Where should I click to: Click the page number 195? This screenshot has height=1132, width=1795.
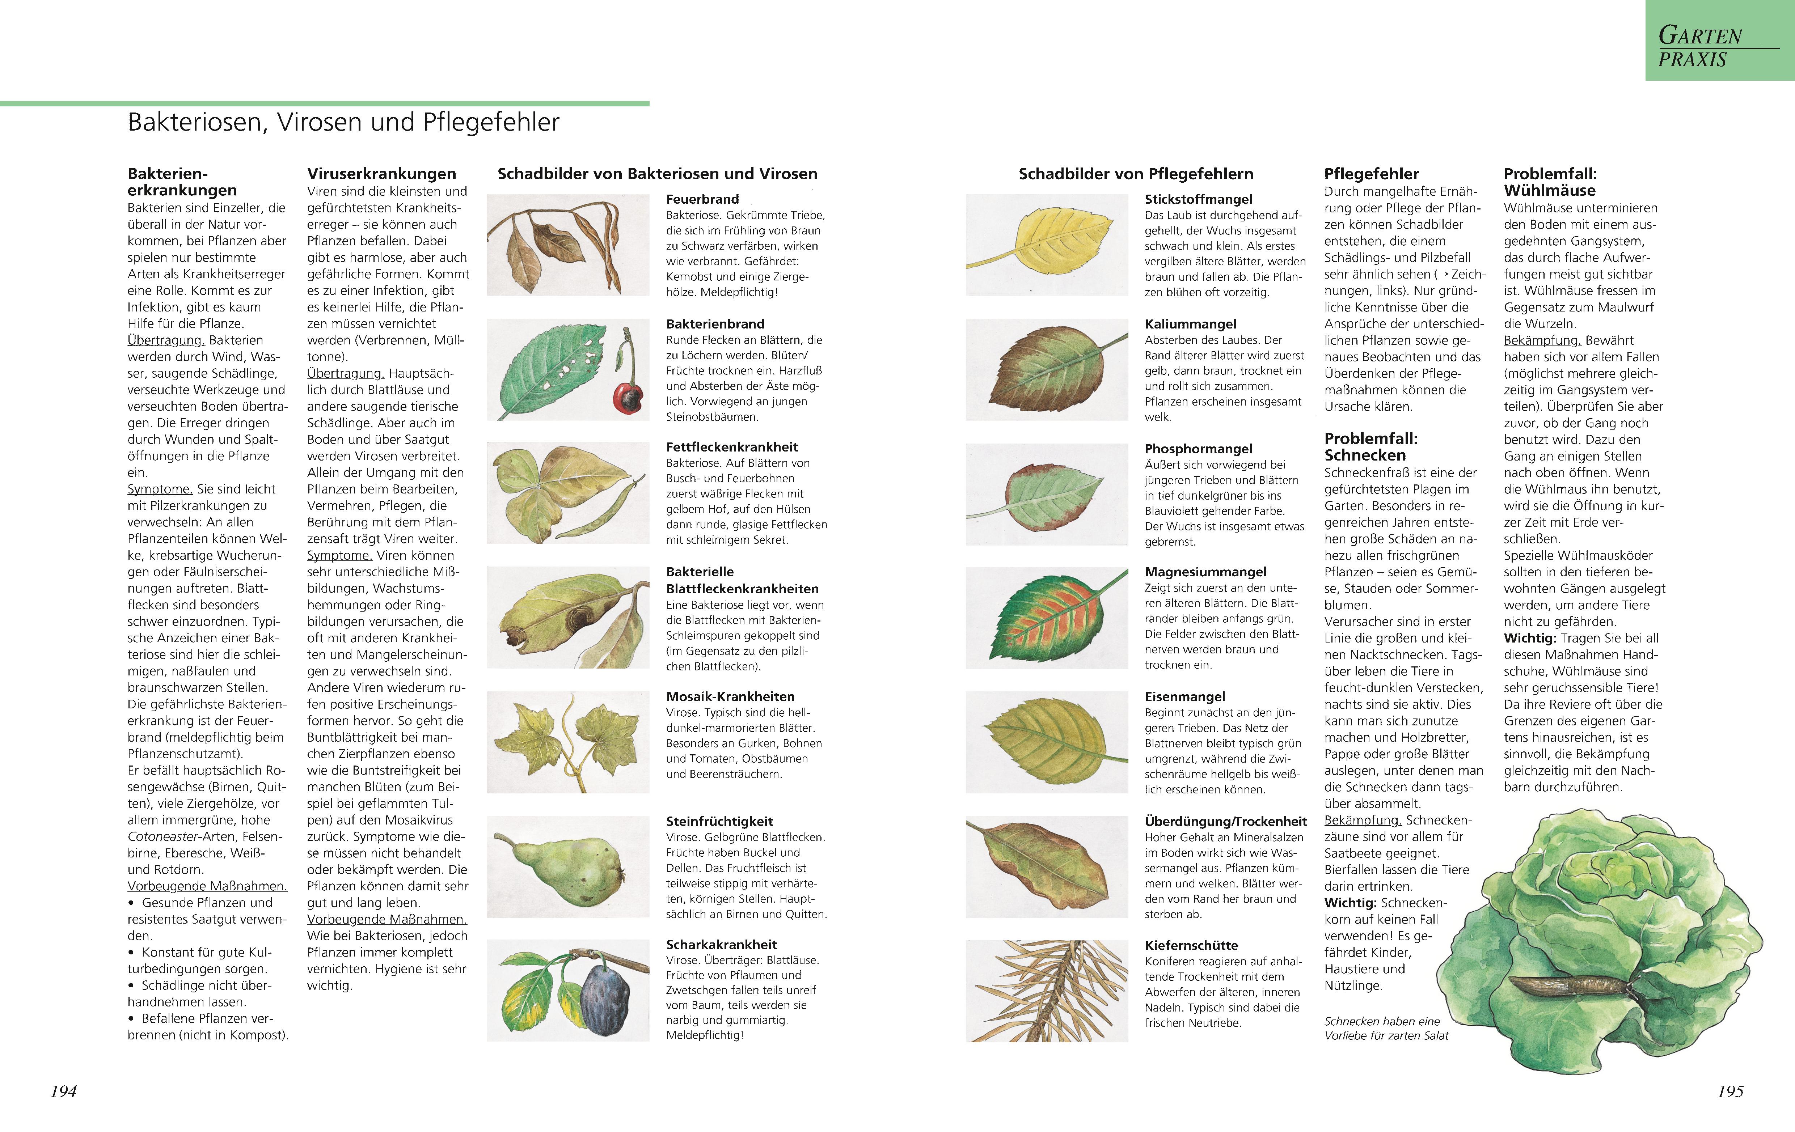(x=1730, y=1091)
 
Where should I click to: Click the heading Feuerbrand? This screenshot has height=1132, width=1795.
(x=702, y=199)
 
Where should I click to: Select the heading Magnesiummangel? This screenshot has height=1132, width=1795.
(x=1205, y=572)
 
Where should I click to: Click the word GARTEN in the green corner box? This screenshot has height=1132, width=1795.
(x=1699, y=35)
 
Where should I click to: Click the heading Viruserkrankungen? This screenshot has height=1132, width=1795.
(x=382, y=174)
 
